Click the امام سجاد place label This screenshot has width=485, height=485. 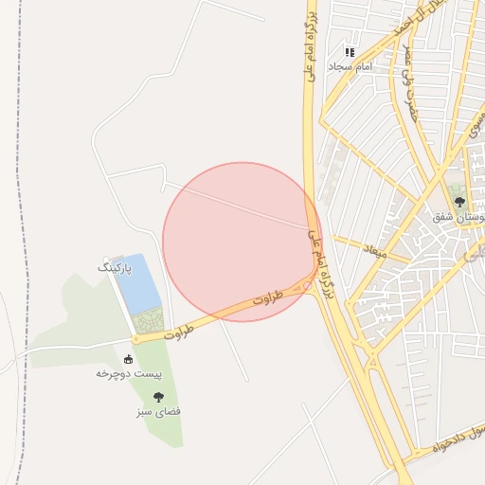(350, 67)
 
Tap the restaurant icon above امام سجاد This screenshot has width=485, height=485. (350, 53)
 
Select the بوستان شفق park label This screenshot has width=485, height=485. (458, 217)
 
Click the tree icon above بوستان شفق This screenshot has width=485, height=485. (459, 202)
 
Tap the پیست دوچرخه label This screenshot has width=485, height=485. (128, 373)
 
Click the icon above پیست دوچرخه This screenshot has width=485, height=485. (128, 359)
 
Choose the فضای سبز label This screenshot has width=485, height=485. (158, 412)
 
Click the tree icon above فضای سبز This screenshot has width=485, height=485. (158, 397)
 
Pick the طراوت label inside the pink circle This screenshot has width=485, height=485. (268, 299)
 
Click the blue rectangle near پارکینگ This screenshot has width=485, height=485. (138, 282)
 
